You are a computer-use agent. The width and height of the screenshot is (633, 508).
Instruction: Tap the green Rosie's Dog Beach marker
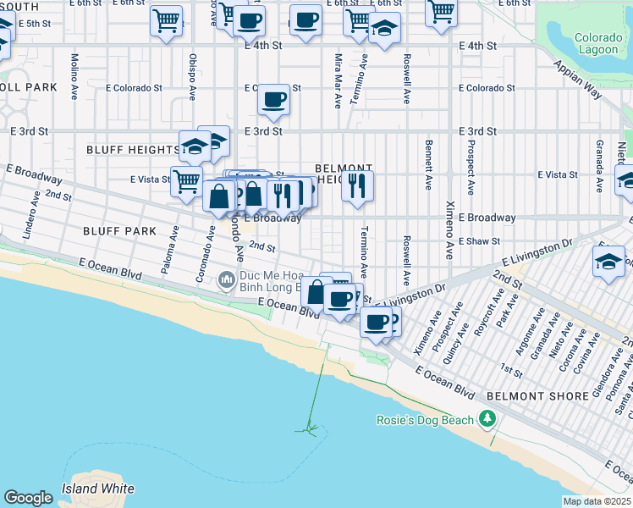click(487, 419)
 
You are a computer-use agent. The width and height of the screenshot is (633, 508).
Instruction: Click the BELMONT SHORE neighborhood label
click(537, 396)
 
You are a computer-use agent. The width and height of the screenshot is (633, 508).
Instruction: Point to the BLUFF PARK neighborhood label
click(119, 230)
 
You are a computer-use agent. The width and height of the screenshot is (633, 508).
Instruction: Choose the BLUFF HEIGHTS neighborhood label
click(133, 150)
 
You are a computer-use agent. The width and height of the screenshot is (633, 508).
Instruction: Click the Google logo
click(28, 498)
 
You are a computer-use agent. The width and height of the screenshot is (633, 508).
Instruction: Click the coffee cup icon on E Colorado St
click(273, 99)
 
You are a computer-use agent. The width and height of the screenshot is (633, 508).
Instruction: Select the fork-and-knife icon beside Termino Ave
click(358, 185)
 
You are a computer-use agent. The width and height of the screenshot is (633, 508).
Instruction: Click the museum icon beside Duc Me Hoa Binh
click(226, 279)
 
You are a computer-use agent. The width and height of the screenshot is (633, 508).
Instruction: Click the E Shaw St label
click(479, 241)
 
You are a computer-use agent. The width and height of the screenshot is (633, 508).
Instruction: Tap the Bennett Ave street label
click(429, 164)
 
